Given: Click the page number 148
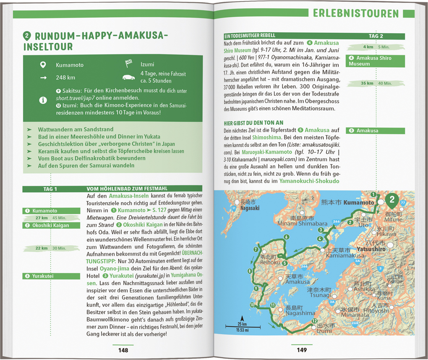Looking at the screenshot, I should pos(123,350).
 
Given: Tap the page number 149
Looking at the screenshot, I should pos(301,350).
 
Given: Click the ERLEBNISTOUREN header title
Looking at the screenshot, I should pos(356,13).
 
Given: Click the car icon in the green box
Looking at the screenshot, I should pos(128,77).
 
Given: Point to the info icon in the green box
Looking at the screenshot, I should pos(42,100).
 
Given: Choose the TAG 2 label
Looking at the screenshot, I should pos(376,36).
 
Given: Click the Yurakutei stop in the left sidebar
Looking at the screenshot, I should pos(51,276).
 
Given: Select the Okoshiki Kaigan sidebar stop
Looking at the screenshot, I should pos(51,225).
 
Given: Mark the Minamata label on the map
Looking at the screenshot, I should pos(355,315).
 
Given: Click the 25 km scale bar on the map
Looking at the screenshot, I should pos(240,325).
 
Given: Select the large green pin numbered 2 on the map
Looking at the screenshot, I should pos(392,201).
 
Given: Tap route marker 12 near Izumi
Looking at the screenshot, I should pos(314,321).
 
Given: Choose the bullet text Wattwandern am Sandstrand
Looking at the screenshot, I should pos(76,130).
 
